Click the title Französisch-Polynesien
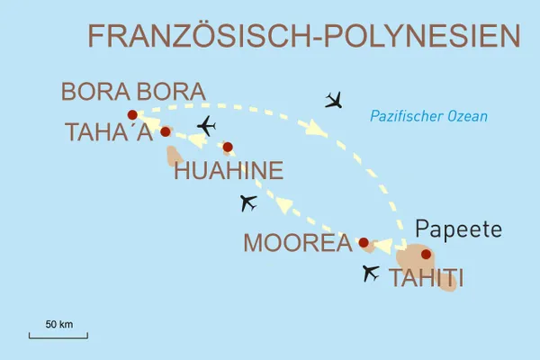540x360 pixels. (x=305, y=37)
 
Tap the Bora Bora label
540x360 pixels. (x=132, y=92)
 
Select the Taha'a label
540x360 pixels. (x=109, y=132)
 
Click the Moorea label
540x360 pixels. (x=296, y=243)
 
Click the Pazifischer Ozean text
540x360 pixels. (x=428, y=115)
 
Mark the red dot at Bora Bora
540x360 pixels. (x=132, y=114)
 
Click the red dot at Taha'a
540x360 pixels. (x=165, y=131)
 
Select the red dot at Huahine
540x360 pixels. (x=228, y=147)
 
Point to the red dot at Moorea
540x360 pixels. (x=364, y=242)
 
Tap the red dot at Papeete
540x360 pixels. (x=426, y=254)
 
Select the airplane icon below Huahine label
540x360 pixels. (x=249, y=203)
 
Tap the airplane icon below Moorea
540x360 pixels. (x=370, y=273)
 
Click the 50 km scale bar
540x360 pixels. (x=58, y=336)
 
